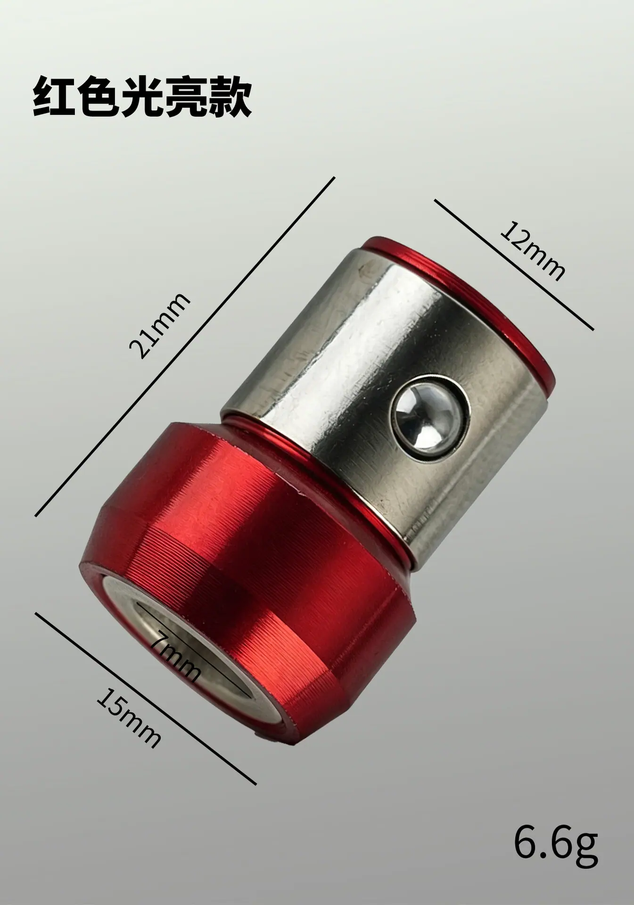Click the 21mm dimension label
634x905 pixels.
pos(159,325)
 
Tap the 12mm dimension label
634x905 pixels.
pos(531,251)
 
